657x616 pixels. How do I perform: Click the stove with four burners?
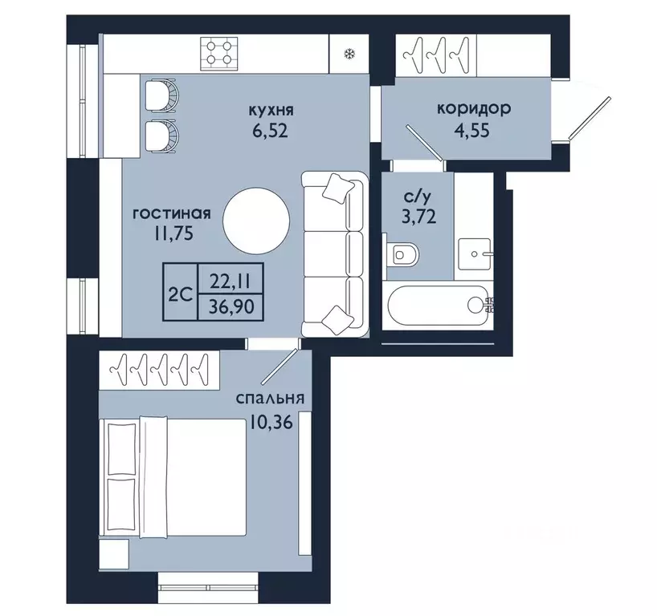(218, 53)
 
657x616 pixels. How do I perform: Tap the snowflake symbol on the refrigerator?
(349, 54)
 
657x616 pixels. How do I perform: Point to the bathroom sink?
(475, 254)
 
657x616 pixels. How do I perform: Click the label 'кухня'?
(271, 111)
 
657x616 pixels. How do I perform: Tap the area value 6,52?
(270, 131)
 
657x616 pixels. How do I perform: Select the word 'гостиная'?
(171, 214)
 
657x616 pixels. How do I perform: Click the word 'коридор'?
(474, 108)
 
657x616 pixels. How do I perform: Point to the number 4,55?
(471, 130)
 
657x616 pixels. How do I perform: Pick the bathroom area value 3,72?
(419, 217)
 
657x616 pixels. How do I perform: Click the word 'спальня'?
(270, 398)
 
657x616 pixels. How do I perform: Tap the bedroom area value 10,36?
(270, 422)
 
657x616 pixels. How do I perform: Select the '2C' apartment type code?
(180, 295)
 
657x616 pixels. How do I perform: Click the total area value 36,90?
(231, 306)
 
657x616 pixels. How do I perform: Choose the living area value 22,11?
(231, 282)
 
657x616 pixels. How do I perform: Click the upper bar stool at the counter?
(161, 95)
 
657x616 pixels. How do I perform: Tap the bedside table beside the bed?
(114, 554)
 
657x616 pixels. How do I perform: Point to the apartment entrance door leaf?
(590, 118)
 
